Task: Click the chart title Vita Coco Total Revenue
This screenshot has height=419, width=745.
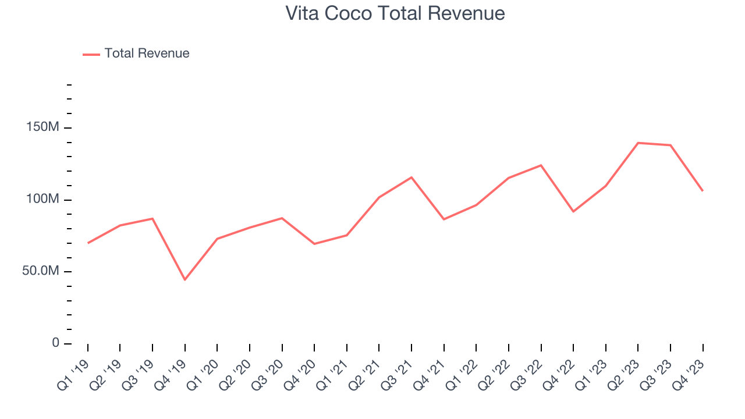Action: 395,13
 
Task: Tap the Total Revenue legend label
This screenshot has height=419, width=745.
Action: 147,54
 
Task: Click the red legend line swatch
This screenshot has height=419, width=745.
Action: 91,54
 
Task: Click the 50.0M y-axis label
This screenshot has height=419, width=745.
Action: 40,272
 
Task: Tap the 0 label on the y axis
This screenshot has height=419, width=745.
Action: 56,343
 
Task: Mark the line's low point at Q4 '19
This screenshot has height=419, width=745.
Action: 185,280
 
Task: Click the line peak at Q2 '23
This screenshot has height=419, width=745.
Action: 638,143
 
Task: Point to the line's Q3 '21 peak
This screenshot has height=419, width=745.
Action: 411,177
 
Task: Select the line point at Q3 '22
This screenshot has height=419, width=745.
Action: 541,165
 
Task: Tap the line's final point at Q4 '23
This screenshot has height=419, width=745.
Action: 703,191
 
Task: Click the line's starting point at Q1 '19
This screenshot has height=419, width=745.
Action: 88,243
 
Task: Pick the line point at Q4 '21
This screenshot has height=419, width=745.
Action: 444,219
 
